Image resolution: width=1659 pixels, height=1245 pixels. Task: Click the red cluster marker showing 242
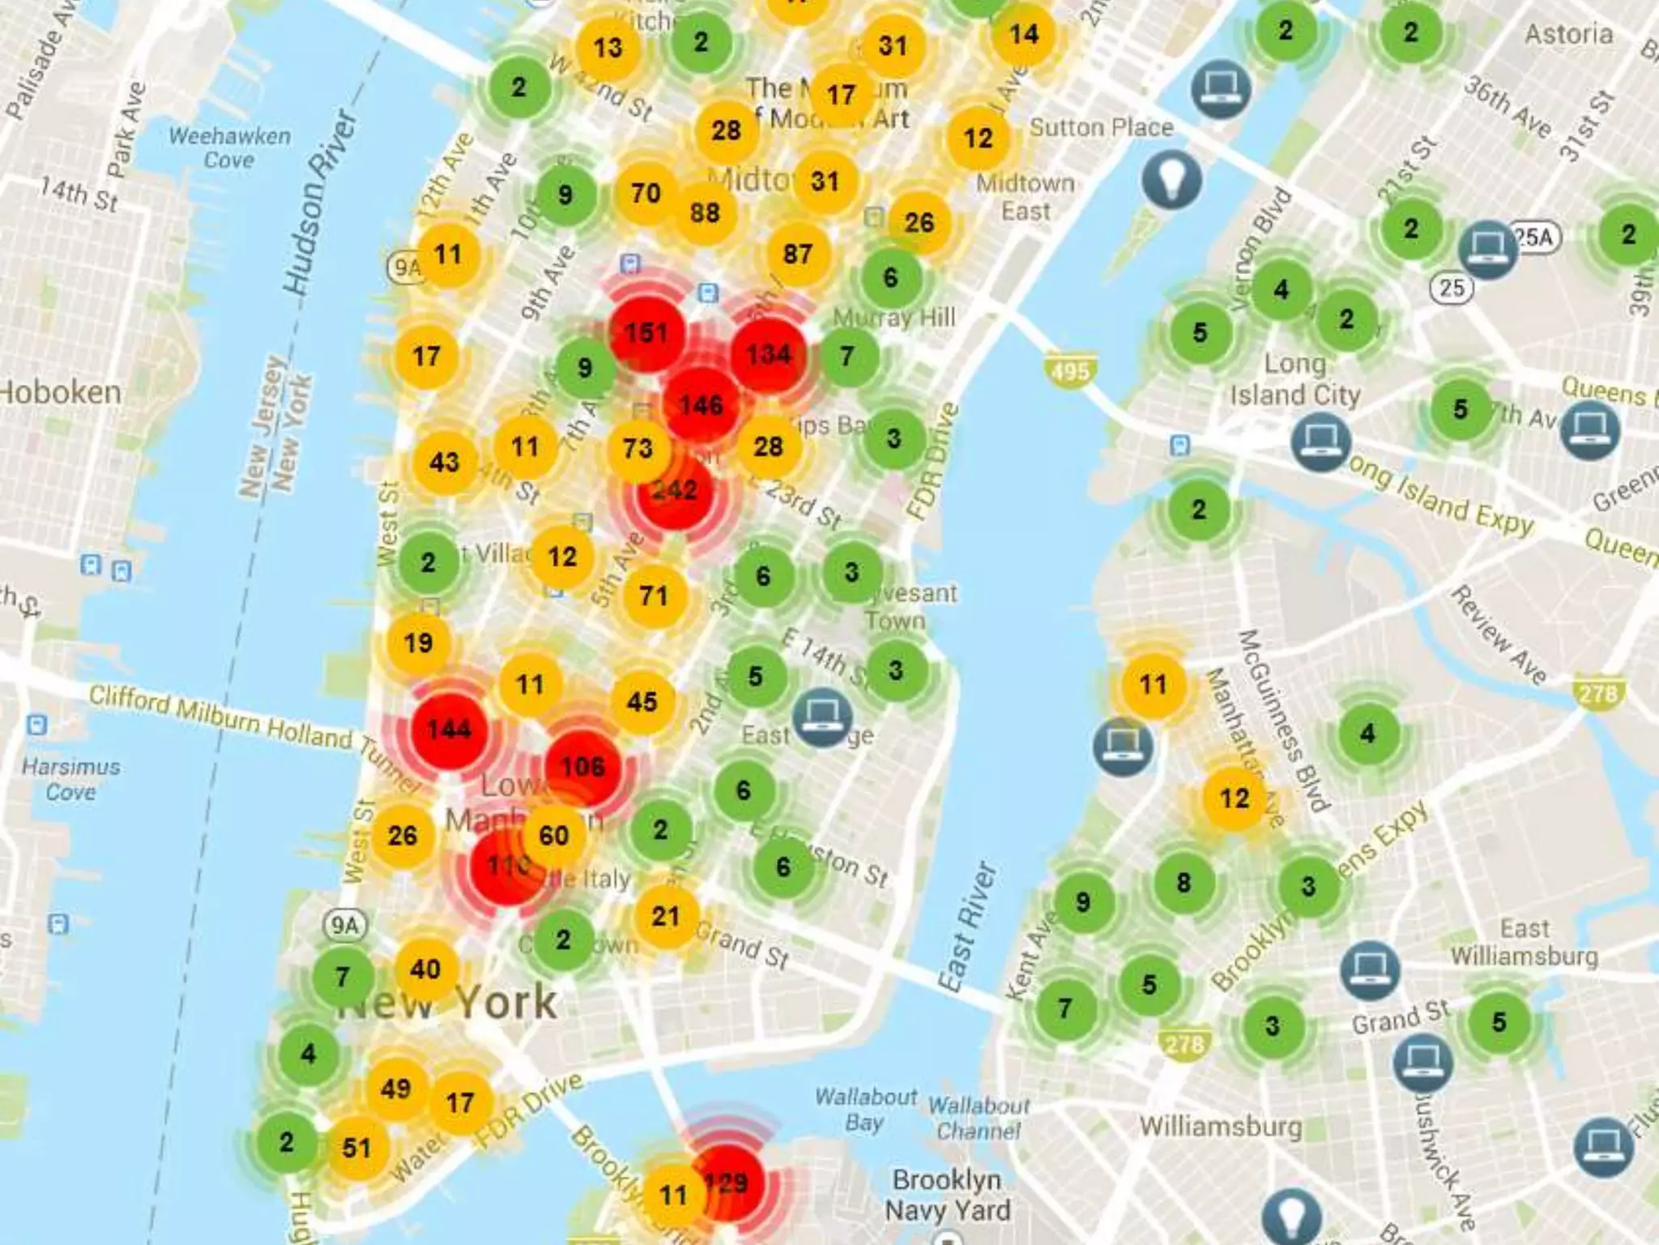[x=675, y=490]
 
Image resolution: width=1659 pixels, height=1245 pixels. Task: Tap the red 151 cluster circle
[x=646, y=332]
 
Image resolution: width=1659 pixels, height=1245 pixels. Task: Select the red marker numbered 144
[x=449, y=729]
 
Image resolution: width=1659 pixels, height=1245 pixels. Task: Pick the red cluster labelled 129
[x=727, y=1183]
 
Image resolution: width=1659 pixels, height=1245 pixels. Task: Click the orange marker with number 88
[x=705, y=212]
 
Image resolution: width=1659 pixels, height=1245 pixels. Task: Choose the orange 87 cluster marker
[x=797, y=254]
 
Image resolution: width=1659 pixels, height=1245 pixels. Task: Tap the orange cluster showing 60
[x=554, y=835]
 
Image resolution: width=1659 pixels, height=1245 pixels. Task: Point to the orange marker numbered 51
[x=356, y=1147]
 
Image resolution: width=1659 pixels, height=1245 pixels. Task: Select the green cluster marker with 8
[x=1183, y=882]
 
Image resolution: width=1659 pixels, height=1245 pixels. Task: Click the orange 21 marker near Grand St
[x=665, y=916]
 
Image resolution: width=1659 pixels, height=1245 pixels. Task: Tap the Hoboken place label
[x=61, y=392]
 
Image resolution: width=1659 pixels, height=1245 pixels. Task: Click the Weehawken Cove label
[x=229, y=148]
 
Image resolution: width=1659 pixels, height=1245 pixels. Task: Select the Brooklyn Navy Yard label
[x=947, y=1195]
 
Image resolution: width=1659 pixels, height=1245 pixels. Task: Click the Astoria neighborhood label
[x=1568, y=34]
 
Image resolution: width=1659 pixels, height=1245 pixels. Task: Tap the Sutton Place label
[x=1101, y=127]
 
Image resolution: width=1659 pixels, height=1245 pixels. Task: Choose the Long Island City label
[x=1294, y=379]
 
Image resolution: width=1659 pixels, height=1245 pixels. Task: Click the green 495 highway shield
[x=1070, y=371]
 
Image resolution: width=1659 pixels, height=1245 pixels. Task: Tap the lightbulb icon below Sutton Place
[x=1171, y=180]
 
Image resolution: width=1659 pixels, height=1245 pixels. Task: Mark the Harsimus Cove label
[x=70, y=779]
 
